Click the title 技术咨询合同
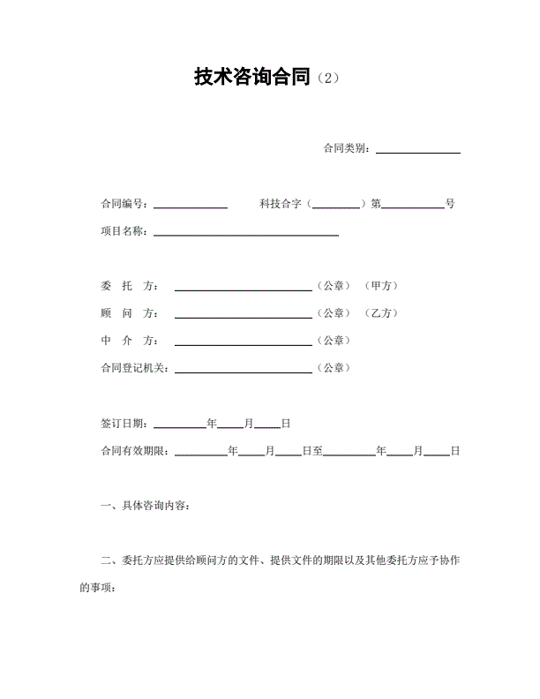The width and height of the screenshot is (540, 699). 253,78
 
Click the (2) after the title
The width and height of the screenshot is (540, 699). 326,79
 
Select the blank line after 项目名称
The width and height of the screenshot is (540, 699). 246,233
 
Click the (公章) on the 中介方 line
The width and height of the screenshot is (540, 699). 333,341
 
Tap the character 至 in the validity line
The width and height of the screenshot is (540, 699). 318,451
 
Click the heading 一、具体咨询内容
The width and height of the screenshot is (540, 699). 145,506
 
